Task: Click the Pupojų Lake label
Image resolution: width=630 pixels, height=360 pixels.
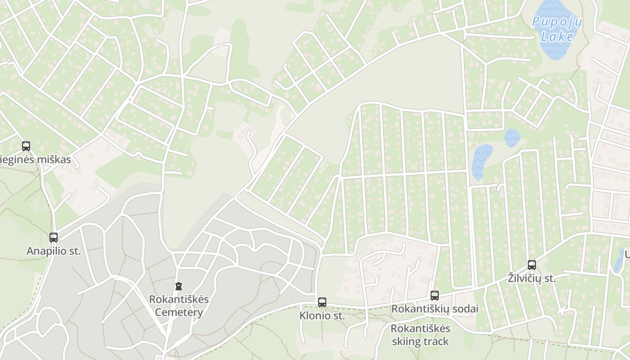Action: click(x=557, y=28)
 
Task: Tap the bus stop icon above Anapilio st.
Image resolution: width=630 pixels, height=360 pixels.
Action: click(x=54, y=237)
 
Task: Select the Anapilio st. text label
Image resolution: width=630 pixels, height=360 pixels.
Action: click(x=54, y=251)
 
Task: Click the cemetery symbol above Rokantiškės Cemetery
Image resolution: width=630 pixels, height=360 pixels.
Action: click(x=179, y=286)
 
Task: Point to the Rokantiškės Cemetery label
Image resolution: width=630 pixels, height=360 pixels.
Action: click(x=179, y=306)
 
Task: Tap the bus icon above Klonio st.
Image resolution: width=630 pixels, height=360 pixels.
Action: click(x=322, y=302)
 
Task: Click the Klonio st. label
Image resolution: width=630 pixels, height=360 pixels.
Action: click(x=322, y=316)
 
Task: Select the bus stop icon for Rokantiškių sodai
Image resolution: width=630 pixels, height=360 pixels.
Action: click(x=434, y=296)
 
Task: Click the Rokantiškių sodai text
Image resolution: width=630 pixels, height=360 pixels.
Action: click(x=435, y=309)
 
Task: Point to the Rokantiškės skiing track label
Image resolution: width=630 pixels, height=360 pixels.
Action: click(x=420, y=335)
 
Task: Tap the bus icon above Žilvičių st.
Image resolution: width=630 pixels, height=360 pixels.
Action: click(x=531, y=265)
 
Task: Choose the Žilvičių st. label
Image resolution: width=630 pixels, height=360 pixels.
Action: click(x=531, y=279)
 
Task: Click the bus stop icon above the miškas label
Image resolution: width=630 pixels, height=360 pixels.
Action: click(x=26, y=146)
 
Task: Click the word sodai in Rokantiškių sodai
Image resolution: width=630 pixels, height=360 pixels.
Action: click(x=465, y=309)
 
